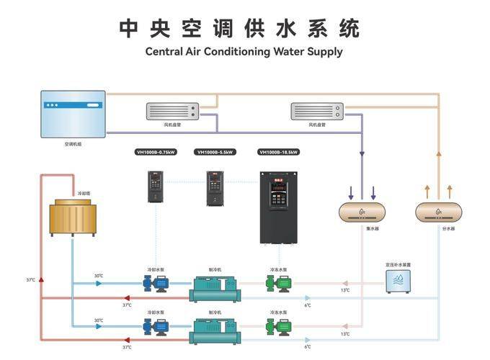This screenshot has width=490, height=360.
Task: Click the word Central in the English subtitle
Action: pos(165,52)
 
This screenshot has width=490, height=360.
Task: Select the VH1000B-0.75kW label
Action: pos(156,152)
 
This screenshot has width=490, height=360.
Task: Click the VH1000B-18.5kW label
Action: pos(278,152)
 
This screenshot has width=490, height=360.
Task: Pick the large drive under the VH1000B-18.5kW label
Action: pos(278,209)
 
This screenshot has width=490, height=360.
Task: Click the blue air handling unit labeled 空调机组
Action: pos(73,114)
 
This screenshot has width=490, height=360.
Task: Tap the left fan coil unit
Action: pos(173,111)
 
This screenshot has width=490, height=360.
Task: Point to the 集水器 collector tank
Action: pos(362,212)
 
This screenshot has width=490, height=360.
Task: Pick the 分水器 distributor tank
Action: pos(438,212)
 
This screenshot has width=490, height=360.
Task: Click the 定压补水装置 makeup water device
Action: pos(398,282)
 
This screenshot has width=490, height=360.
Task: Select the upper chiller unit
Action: pos(215,287)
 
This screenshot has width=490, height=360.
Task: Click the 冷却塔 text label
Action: pos(84,194)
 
